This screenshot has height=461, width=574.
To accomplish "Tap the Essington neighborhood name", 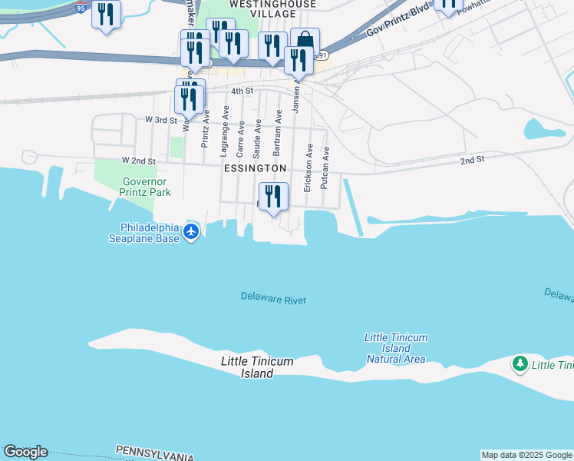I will [256, 167].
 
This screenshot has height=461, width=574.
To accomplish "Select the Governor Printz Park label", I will [146, 187].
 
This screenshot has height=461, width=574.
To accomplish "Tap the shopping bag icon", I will [305, 41].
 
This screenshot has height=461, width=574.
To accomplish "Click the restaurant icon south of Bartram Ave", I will [272, 197].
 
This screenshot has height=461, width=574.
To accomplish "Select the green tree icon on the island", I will [520, 363].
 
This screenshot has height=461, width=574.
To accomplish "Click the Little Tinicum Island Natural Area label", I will [396, 348].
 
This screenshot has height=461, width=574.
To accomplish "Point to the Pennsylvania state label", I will [154, 453].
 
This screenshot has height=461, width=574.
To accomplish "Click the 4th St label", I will [242, 91].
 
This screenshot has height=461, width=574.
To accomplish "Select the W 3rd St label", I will [161, 120].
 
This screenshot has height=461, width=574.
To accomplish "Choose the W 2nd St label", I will [138, 161].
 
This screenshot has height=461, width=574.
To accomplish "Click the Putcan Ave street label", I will [325, 163].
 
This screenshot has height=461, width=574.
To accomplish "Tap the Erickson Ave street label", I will [308, 167].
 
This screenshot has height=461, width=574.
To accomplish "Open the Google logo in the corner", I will [25, 452].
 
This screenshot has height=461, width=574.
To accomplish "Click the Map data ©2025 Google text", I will [526, 455].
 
